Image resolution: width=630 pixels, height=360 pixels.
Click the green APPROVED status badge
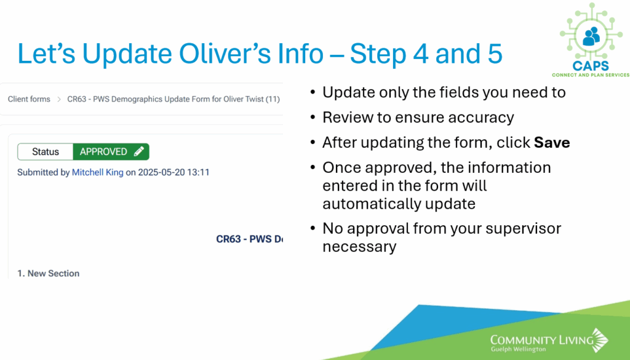tap(111, 151)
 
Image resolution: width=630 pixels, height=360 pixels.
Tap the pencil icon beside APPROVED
tap(139, 151)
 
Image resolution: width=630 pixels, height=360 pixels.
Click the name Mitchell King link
tap(98, 172)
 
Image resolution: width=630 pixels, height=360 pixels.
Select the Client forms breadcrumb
tap(29, 99)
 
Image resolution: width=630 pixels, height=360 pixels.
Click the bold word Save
tap(552, 143)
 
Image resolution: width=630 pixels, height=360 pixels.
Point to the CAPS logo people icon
tap(591, 36)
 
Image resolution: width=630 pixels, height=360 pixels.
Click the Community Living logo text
tap(541, 342)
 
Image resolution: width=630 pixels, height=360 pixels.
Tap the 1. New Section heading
tap(48, 273)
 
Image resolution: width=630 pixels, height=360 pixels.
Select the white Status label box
tap(46, 151)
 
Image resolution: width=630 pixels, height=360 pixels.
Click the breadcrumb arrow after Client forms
tap(58, 99)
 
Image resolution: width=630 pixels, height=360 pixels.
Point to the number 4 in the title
tap(421, 54)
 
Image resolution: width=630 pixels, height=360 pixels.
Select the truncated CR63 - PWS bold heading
tap(250, 239)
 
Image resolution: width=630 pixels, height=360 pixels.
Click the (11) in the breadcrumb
tap(273, 99)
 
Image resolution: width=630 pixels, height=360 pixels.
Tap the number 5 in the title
tap(495, 54)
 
